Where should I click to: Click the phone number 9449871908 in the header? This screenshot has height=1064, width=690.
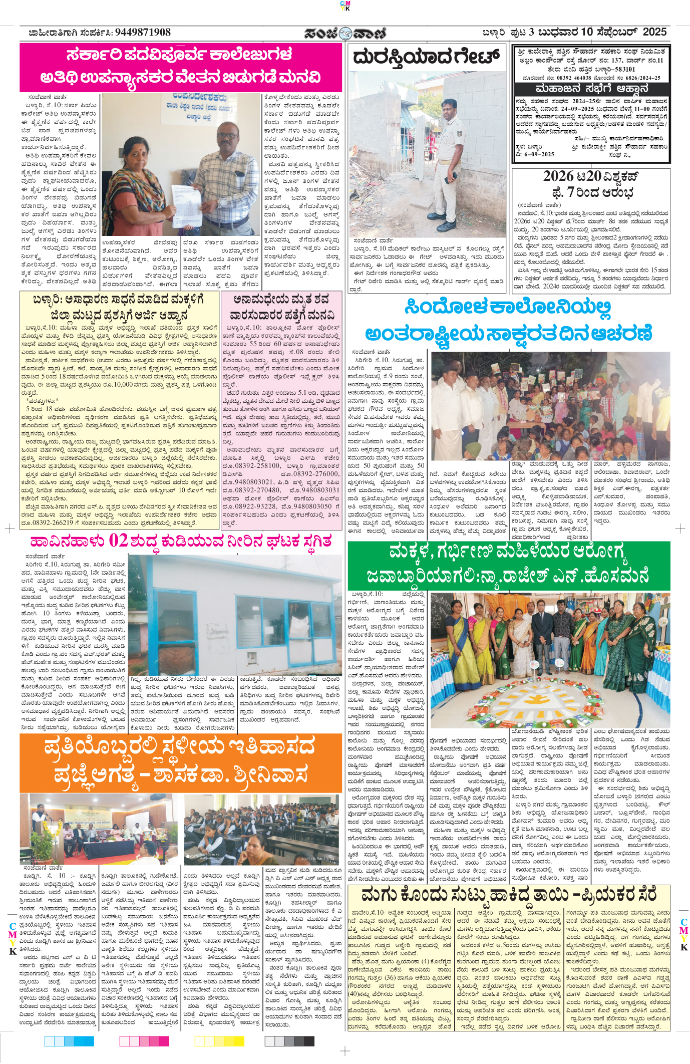(x=143, y=33)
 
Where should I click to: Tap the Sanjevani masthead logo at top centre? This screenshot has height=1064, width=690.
(x=345, y=34)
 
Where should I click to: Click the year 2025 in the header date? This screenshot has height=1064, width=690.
(x=654, y=32)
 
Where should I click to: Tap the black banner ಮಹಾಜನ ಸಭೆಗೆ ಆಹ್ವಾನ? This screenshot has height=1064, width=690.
(x=591, y=89)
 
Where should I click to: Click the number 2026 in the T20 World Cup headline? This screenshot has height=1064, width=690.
(x=559, y=176)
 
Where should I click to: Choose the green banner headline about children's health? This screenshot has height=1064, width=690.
(x=508, y=566)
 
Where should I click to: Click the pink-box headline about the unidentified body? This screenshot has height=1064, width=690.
(x=281, y=307)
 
